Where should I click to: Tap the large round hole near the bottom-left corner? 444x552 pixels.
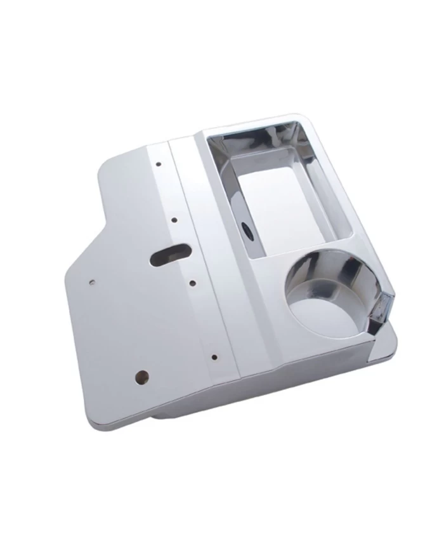pyautogui.click(x=142, y=377)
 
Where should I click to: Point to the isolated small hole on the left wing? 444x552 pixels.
pyautogui.click(x=93, y=280)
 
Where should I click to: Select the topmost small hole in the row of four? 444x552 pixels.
pyautogui.click(x=158, y=164)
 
